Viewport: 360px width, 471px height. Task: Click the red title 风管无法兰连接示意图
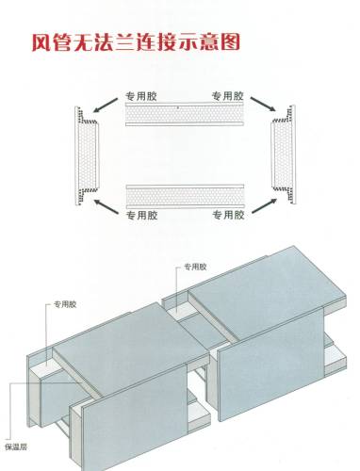point(136,42)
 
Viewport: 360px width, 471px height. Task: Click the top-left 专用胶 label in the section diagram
point(141,96)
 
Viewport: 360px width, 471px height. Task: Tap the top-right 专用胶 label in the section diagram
point(228,96)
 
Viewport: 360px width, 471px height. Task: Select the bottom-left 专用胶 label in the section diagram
point(142,215)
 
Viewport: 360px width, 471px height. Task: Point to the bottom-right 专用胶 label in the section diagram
point(228,215)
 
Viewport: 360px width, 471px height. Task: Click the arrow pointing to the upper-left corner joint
point(106,106)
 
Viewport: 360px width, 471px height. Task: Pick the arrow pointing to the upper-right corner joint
point(263,104)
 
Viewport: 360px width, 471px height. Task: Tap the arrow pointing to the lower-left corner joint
point(106,206)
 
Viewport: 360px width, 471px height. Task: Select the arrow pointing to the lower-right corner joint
point(265,205)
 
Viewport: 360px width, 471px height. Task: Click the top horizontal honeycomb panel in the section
point(185,114)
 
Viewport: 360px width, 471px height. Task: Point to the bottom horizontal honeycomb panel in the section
point(185,197)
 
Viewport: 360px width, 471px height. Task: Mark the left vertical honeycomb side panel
point(87,155)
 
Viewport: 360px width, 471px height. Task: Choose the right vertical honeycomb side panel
point(283,154)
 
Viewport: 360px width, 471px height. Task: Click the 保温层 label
point(16,447)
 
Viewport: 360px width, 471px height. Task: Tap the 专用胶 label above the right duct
point(195,267)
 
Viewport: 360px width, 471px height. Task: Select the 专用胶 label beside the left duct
point(65,304)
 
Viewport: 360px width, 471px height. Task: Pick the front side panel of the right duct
point(270,365)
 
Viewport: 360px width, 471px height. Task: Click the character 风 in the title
point(41,42)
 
